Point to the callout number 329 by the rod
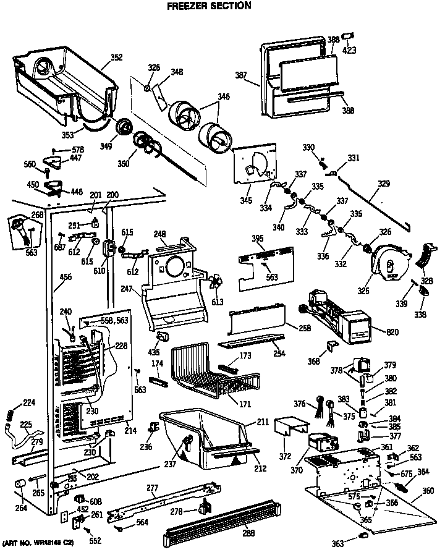pyautogui.click(x=384, y=184)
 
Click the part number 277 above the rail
pyautogui.click(x=153, y=488)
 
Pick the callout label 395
pyautogui.click(x=257, y=238)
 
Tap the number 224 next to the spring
pyautogui.click(x=29, y=403)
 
